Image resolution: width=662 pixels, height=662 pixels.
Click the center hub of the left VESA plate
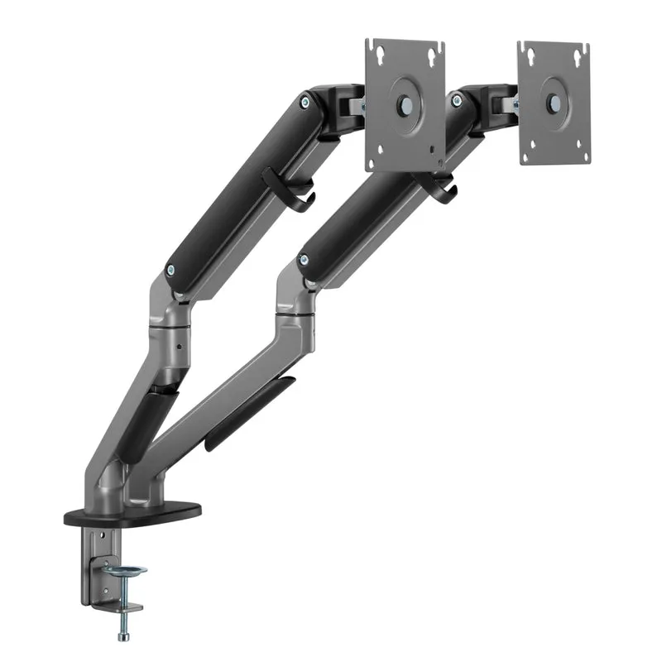[405, 106]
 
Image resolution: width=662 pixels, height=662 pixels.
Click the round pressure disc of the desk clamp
[127, 572]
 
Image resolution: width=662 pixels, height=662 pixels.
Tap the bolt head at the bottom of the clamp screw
[124, 636]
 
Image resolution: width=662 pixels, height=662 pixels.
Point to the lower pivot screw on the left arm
[171, 269]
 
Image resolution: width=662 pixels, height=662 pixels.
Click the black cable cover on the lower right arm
[248, 414]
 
